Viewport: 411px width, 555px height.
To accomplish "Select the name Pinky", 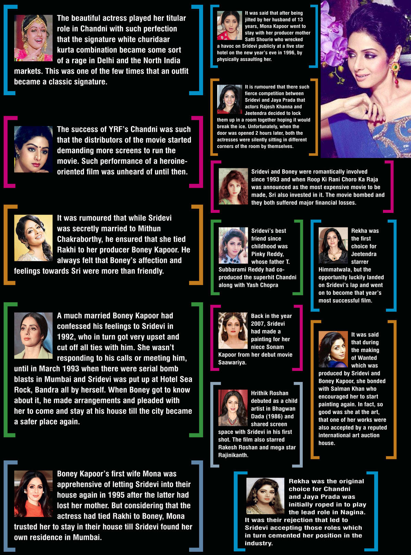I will [259, 254].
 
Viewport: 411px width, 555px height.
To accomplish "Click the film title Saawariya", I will [232, 362].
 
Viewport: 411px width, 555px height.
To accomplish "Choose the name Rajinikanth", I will [233, 455].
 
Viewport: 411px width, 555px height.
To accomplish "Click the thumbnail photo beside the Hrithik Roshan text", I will [233, 408].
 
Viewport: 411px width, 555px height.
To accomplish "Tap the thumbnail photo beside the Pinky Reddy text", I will [233, 245].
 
